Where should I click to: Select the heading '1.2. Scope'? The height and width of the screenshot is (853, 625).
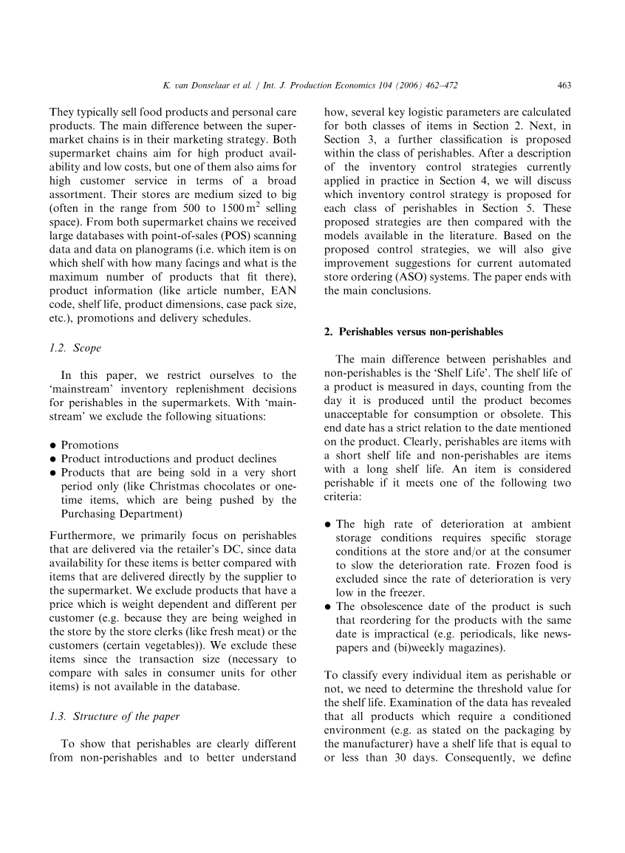75,347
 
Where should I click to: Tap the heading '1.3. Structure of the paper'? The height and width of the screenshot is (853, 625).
115,716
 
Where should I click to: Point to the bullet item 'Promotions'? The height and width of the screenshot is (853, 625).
89,445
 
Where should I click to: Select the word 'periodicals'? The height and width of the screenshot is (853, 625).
499,634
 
